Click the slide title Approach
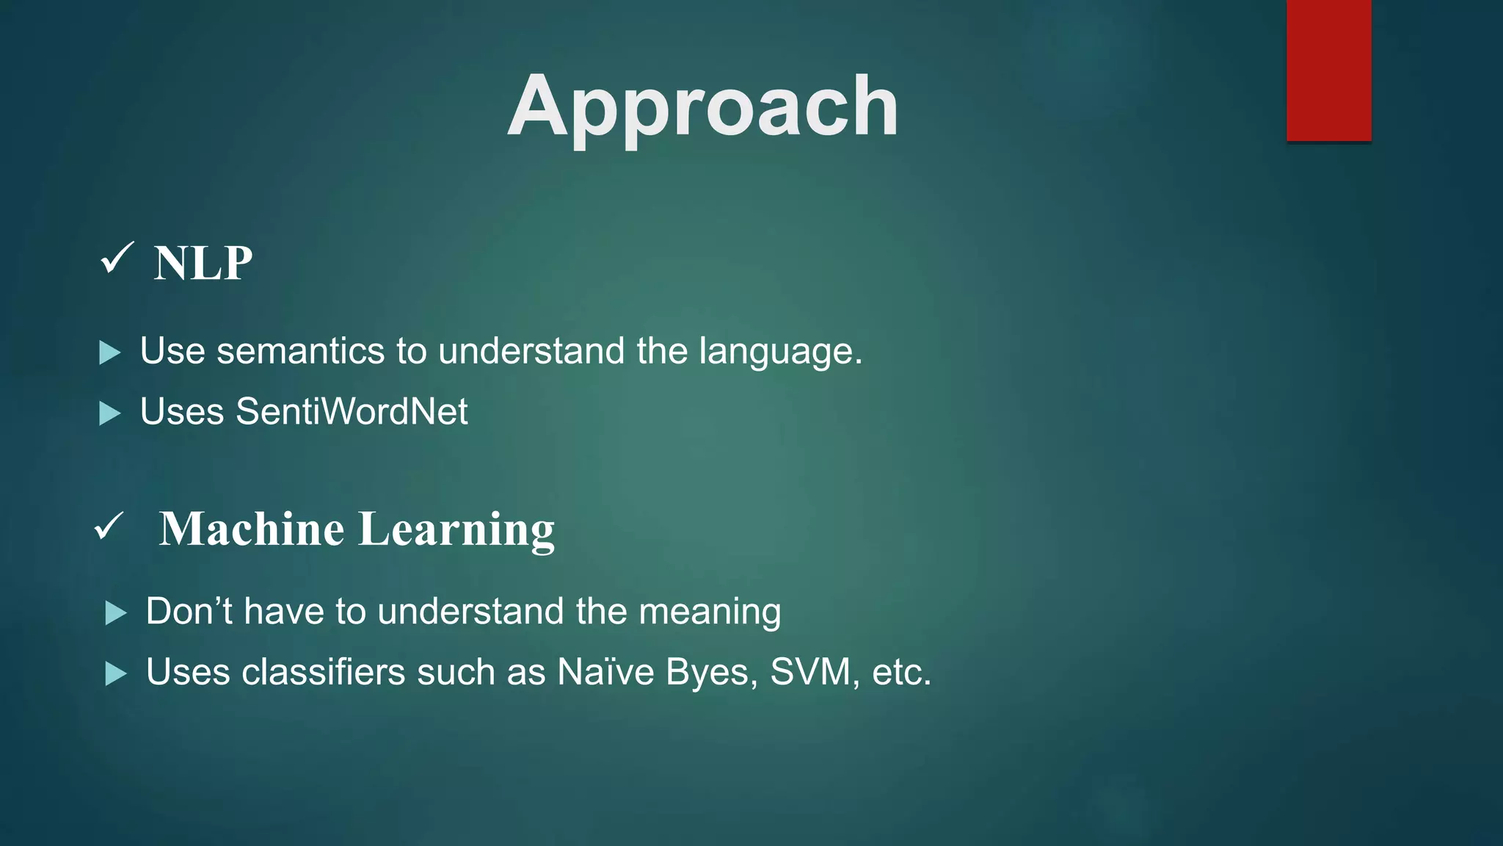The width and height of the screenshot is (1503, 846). tap(702, 107)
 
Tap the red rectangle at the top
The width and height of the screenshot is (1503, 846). tap(1328, 70)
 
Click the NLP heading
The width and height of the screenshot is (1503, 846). tap(203, 263)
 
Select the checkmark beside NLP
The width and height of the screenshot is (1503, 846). tap(117, 258)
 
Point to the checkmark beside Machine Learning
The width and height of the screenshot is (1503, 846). tap(109, 526)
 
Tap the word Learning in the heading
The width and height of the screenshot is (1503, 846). tap(456, 529)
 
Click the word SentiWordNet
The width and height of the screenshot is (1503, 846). tap(352, 411)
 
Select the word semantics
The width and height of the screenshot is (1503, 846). tap(301, 351)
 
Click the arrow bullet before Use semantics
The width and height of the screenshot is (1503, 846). tap(109, 352)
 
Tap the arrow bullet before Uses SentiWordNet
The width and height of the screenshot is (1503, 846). tap(109, 413)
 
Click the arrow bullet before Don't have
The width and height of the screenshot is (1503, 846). tap(115, 612)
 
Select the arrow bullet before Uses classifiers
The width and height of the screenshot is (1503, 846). tap(115, 673)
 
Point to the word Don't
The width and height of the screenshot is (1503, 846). tap(189, 611)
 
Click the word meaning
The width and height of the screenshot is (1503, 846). tap(710, 611)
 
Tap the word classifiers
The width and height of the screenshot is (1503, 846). tap(323, 672)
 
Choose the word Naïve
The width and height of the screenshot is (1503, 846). tap(605, 672)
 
